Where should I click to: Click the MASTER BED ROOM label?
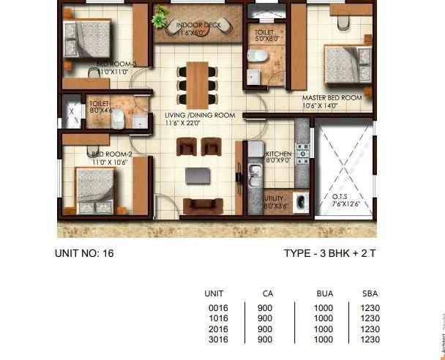coord(332,97)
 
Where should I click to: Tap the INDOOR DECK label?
coord(198,25)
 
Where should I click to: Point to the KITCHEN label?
coord(279,154)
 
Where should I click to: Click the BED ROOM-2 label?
coord(111,154)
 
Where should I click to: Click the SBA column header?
coord(370,293)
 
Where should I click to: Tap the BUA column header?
coord(324,293)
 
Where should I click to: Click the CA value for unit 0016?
coord(265,308)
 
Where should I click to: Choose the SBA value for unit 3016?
coord(370,340)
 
